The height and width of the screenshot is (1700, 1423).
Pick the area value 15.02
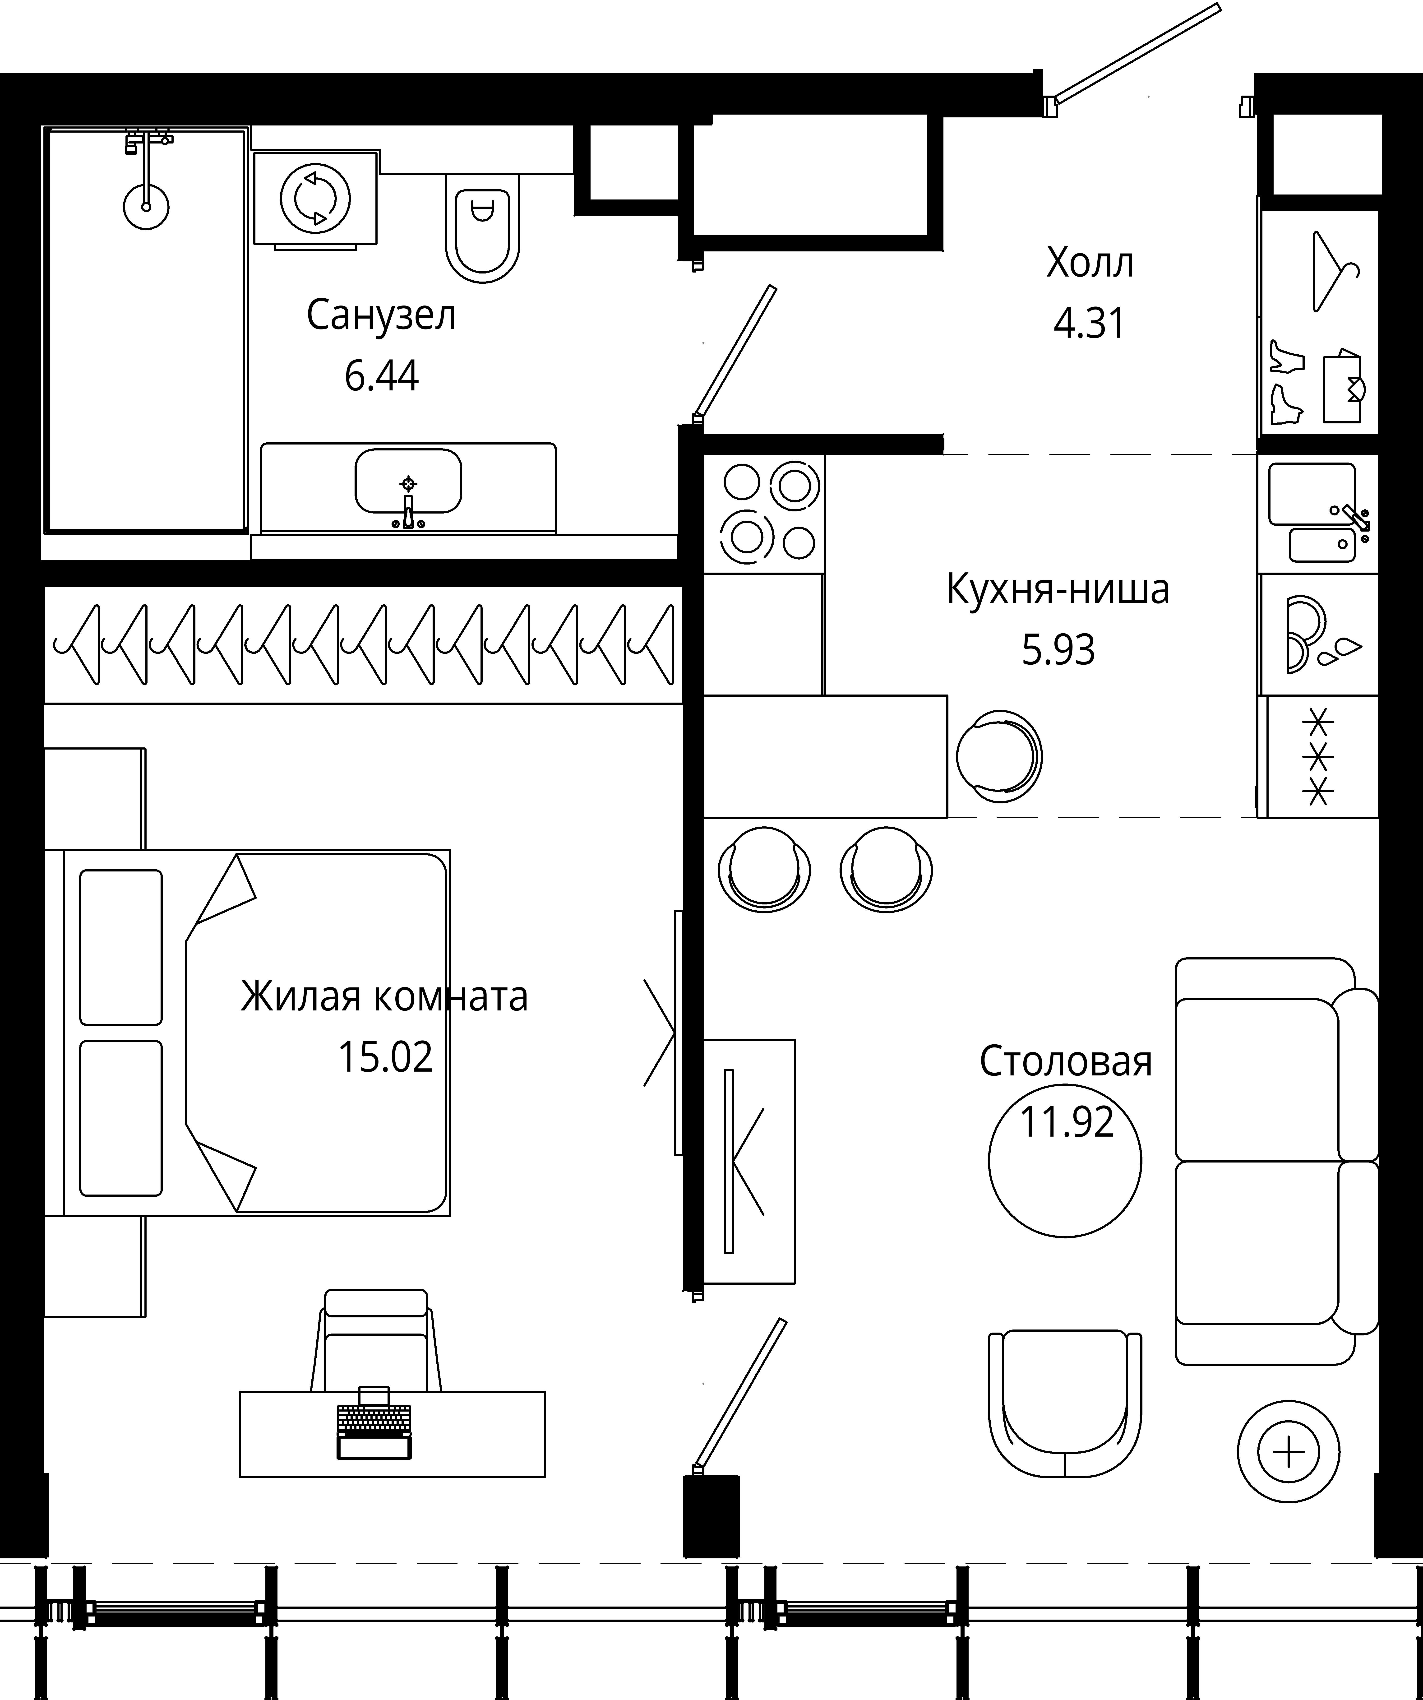[x=385, y=1056]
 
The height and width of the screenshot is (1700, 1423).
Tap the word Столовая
[x=1065, y=1061]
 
